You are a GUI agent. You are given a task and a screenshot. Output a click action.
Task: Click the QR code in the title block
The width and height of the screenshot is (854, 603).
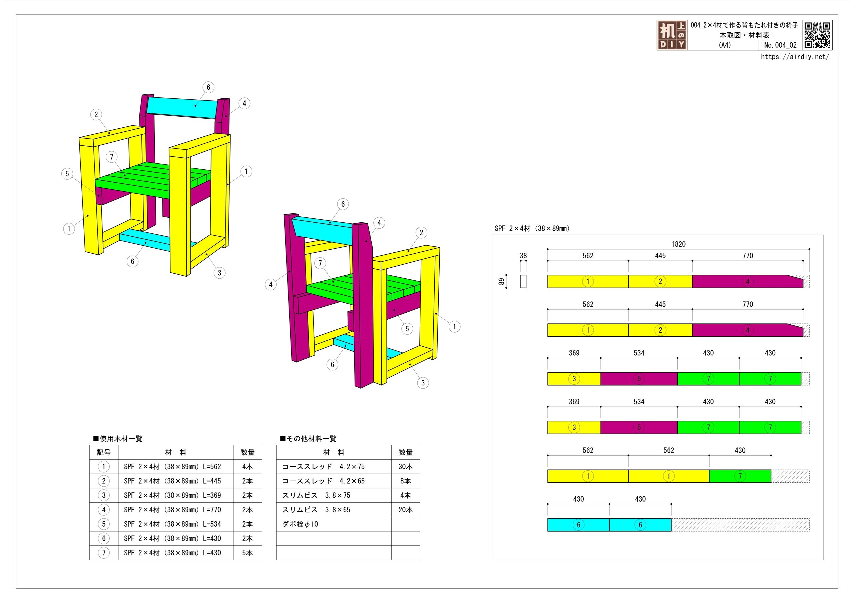(x=817, y=35)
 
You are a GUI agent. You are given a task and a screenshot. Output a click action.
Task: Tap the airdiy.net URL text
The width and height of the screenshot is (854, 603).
(x=795, y=57)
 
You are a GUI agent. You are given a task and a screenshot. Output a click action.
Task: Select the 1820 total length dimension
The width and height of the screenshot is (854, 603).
(x=678, y=244)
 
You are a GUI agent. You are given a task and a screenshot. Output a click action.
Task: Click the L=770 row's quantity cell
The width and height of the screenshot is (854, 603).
(x=247, y=510)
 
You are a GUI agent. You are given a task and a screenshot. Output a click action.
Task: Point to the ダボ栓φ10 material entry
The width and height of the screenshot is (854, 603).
(x=300, y=524)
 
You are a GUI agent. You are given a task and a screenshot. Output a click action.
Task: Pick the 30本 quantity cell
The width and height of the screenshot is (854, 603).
(x=405, y=467)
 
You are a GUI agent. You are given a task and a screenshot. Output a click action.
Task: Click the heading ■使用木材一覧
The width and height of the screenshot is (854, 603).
(x=117, y=439)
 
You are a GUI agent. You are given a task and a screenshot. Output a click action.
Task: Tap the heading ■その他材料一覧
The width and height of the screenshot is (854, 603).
(x=308, y=439)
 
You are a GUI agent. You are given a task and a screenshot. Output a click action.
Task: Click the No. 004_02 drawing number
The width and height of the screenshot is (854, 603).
(x=780, y=45)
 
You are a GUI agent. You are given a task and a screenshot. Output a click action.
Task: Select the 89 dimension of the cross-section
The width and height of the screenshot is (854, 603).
(x=501, y=281)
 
